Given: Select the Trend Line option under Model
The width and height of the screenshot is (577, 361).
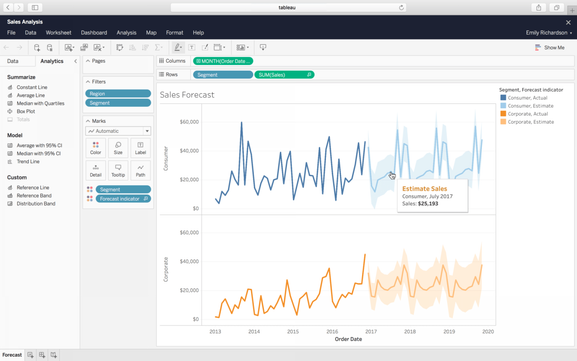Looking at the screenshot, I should [x=28, y=162].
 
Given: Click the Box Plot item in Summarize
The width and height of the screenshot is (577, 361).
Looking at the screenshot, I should [x=25, y=111].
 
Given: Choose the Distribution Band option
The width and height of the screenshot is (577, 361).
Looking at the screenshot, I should [x=36, y=204].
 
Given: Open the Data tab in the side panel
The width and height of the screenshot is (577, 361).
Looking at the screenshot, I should [x=13, y=61].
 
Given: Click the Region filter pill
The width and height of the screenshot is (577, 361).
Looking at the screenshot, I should [x=118, y=94].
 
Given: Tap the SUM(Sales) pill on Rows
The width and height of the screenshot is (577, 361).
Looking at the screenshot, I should [x=284, y=75].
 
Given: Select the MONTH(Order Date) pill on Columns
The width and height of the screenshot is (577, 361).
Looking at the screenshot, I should [x=223, y=61].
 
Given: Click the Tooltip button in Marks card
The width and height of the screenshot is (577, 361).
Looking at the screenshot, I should [x=118, y=170].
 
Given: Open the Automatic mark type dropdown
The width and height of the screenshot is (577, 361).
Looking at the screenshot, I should [x=118, y=131].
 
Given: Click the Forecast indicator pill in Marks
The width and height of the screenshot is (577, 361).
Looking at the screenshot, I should [x=123, y=199].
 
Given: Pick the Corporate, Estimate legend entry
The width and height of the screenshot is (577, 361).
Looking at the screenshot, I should [x=531, y=122].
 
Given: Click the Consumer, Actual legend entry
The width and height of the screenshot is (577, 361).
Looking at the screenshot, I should [x=527, y=98].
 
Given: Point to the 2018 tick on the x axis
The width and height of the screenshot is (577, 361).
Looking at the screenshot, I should [x=410, y=332].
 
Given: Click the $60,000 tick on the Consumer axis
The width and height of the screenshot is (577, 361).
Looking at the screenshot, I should [x=189, y=122].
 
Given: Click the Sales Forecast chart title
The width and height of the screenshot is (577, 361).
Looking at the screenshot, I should [x=187, y=95].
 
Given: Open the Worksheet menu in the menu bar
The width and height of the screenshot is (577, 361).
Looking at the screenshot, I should [x=58, y=33].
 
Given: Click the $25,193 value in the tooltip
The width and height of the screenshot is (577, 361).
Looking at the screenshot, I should [x=427, y=204].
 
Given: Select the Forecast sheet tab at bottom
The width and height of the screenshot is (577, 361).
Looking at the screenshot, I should [x=12, y=355].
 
